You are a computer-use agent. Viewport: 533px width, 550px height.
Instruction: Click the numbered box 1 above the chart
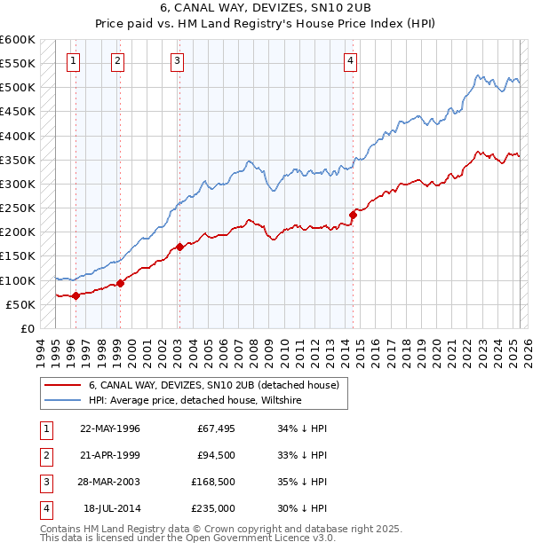[72, 61]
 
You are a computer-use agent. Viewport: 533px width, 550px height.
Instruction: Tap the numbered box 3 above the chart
[177, 61]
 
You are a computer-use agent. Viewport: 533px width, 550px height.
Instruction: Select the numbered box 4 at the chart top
[351, 61]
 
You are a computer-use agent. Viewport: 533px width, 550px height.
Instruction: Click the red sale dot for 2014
[353, 214]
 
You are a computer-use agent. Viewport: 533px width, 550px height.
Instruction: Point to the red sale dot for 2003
[179, 247]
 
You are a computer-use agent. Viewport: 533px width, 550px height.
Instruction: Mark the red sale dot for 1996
[76, 295]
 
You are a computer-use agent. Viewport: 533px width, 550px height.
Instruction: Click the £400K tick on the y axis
[18, 136]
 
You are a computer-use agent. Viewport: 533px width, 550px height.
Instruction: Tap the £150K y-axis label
[18, 256]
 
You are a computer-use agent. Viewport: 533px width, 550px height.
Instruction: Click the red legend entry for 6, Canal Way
[214, 386]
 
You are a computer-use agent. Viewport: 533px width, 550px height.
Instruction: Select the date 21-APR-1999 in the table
[110, 455]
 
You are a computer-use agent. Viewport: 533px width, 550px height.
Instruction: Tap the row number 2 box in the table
[44, 455]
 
